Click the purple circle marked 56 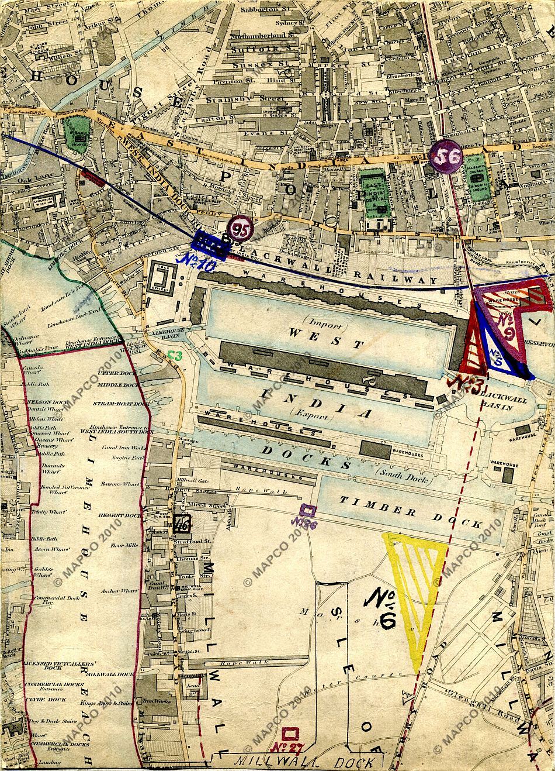[x=446, y=156]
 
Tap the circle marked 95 [x=240, y=229]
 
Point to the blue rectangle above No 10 [x=209, y=245]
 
